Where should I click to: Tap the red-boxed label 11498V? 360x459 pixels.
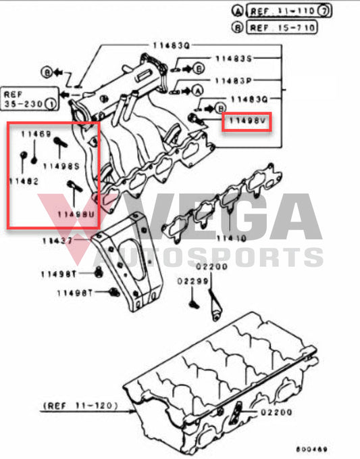248,122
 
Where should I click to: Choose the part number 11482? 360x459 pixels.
24,181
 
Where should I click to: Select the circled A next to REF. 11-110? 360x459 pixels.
237,11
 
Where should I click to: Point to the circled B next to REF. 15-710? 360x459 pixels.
237,28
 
